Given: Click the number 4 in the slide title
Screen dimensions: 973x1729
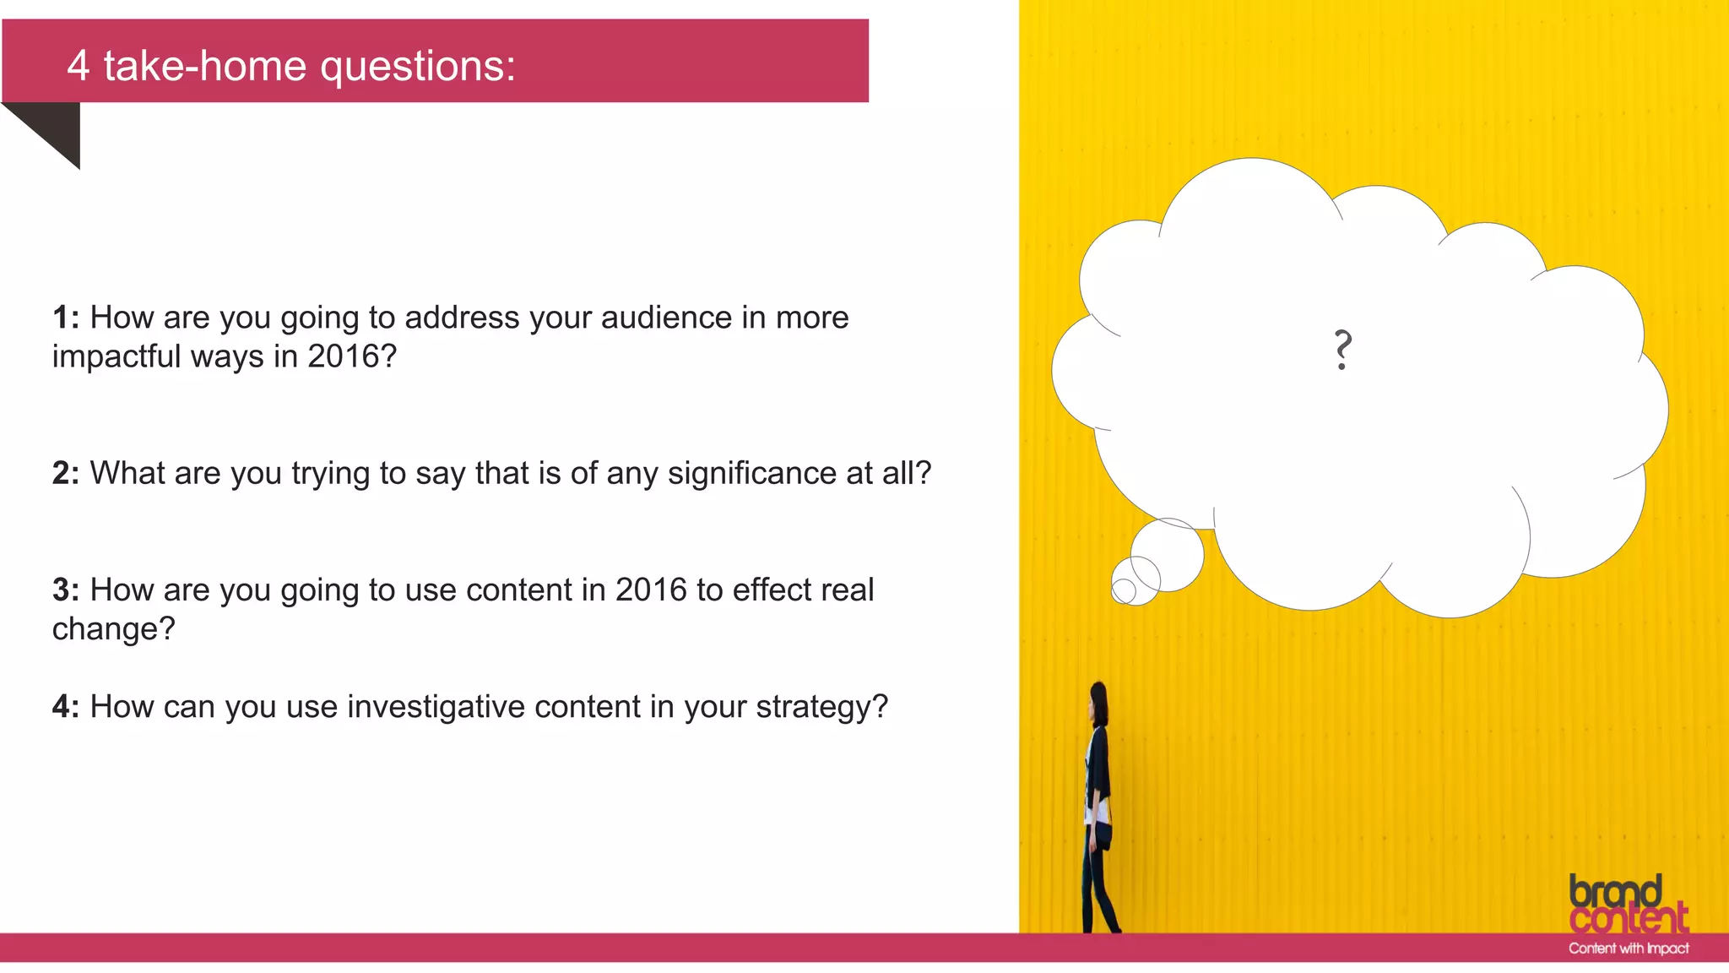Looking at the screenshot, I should [x=78, y=66].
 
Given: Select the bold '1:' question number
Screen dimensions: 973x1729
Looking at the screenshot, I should [x=66, y=318].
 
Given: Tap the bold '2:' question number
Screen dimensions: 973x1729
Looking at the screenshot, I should [x=66, y=473].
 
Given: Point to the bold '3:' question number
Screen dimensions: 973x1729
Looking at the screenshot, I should [x=66, y=590].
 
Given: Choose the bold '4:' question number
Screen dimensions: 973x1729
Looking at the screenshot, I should [x=66, y=706].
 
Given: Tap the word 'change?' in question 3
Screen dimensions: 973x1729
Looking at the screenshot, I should [x=113, y=629].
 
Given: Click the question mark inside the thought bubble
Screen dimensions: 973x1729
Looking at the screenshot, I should [x=1342, y=350].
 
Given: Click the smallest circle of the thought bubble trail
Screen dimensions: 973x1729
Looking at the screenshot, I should [x=1123, y=591].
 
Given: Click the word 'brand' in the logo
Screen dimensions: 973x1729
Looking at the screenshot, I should [x=1615, y=892].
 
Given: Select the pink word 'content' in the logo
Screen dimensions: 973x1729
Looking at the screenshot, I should [x=1629, y=919].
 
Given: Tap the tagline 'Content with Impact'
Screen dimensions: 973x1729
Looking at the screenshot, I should [x=1629, y=949].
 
